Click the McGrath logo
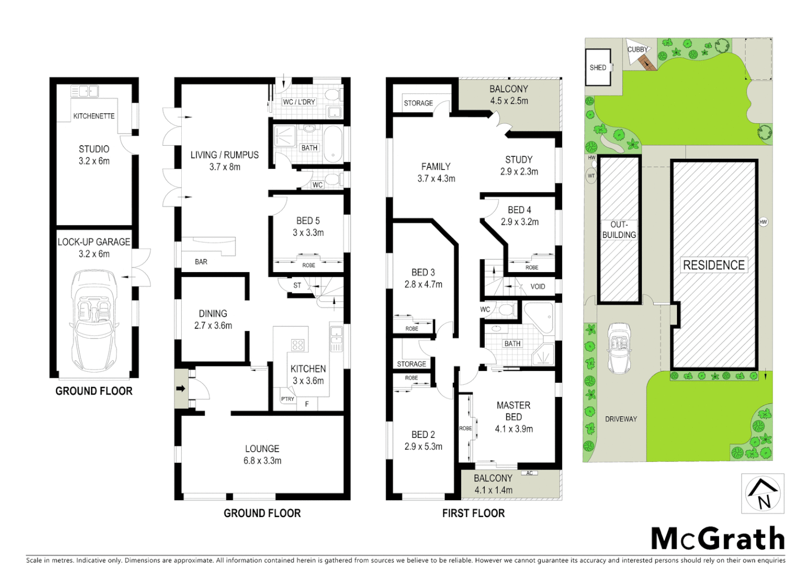click(x=717, y=539)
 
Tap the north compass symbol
click(x=763, y=494)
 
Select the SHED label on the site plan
click(x=598, y=67)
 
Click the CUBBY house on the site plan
click(x=640, y=55)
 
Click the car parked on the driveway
click(x=619, y=348)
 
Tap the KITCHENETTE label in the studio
click(x=94, y=116)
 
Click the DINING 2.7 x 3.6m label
click(x=213, y=319)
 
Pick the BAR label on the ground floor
click(x=201, y=261)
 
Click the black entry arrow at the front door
click(x=181, y=389)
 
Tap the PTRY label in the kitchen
click(x=287, y=399)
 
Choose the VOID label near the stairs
click(x=538, y=286)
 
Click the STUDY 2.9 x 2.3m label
click(x=519, y=165)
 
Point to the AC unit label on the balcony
click(x=529, y=473)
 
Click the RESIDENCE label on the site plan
click(x=714, y=265)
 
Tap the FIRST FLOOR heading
click(x=473, y=513)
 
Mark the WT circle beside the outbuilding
click(x=591, y=176)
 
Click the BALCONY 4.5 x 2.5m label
click(x=509, y=95)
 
